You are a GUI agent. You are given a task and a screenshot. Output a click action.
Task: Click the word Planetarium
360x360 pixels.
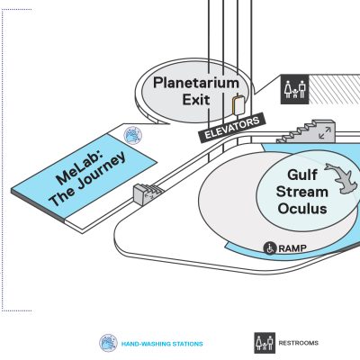pos(196,83)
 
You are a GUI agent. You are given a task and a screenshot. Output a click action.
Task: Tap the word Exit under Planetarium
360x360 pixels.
pos(196,99)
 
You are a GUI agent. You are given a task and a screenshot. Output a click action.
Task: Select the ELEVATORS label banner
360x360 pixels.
pos(232,128)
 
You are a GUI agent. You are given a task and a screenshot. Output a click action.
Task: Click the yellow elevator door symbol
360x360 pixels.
pos(238,105)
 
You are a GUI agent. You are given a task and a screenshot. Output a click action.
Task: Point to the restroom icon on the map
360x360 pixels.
pos(294,89)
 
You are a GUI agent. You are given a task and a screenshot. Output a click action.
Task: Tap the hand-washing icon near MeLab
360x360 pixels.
pos(132,135)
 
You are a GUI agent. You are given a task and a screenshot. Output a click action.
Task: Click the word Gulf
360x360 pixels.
pos(302,175)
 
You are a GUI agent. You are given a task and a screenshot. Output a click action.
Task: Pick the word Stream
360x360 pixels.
pos(302,192)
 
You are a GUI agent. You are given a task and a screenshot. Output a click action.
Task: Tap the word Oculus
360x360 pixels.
pos(302,209)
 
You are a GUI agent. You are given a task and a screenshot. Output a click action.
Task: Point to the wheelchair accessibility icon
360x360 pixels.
pos(270,248)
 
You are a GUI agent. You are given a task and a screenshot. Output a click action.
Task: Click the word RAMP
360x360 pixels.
pos(292,248)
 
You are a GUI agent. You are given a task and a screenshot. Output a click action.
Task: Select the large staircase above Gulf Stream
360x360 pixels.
pos(306,131)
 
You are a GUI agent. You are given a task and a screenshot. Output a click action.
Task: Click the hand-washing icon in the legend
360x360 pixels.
pos(108,343)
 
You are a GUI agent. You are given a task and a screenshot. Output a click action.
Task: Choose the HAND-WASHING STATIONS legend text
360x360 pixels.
pos(162,344)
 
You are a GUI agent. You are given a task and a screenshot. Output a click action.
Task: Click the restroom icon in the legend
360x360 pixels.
pos(265,343)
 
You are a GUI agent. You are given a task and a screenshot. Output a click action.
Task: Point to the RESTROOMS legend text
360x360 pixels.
pos(299,343)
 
